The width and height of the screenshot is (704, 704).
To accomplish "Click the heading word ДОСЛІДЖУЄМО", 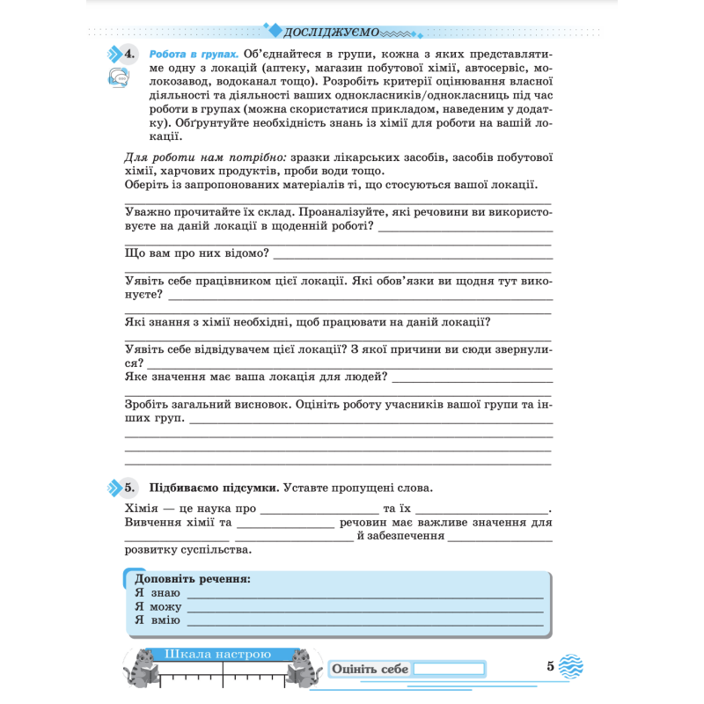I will tap(332, 33).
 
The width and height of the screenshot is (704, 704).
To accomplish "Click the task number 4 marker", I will tap(129, 55).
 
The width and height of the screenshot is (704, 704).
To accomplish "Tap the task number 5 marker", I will tap(129, 488).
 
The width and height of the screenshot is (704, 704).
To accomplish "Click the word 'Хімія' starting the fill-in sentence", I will tap(141, 508).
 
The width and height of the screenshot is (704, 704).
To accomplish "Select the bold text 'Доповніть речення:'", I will tap(193, 579).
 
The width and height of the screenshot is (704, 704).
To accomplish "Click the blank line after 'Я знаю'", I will tap(364, 595).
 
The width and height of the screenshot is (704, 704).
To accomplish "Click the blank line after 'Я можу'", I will tap(364, 609).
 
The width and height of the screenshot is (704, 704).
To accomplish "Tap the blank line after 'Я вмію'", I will tap(364, 622).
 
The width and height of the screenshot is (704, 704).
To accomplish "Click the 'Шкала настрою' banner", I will tap(216, 654).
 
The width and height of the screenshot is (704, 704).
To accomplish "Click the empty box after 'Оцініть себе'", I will tap(449, 669).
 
